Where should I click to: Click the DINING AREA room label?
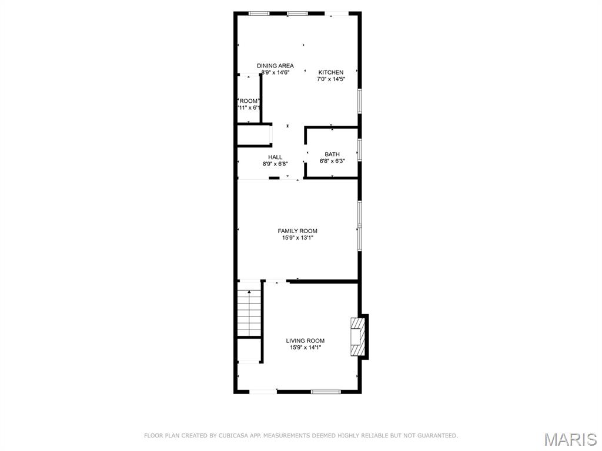275,66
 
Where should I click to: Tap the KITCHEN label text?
330,72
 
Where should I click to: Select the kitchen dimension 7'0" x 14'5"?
330,79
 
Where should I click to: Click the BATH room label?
332,154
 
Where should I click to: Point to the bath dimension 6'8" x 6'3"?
332,161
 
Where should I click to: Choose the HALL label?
275,157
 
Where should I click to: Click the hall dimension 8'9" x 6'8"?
275,164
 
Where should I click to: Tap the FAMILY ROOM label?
297,231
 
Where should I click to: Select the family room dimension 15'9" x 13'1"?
297,238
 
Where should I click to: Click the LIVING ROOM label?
305,341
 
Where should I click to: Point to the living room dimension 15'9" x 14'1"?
305,348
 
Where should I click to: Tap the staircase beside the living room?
249,314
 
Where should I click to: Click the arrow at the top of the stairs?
249,292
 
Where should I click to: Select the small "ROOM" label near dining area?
249,101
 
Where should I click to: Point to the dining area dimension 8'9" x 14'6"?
275,73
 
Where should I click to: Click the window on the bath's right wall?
359,149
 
